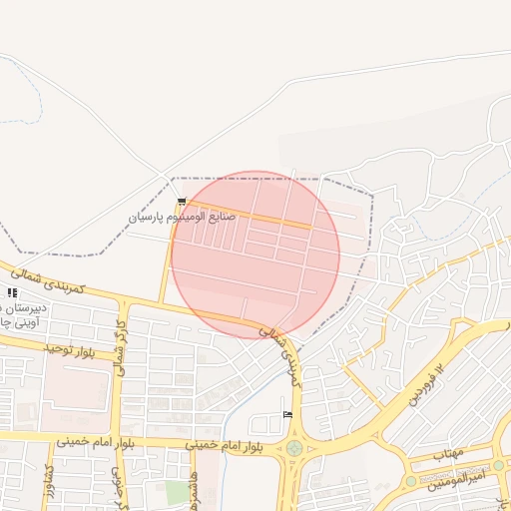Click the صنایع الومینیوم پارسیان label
coord(181,217)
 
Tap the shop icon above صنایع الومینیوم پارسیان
coord(182,202)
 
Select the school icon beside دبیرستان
coord(12,292)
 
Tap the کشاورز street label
coord(48,488)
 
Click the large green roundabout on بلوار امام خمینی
coord(294,448)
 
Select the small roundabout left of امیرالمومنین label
coord(410,481)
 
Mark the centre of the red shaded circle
coord(255,255)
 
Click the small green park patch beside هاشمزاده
coord(178,492)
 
